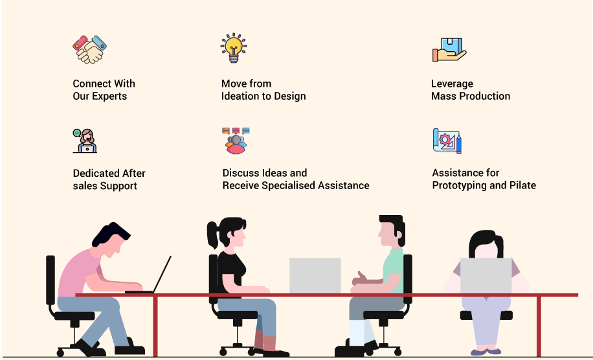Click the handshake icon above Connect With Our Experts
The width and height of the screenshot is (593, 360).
(x=89, y=50)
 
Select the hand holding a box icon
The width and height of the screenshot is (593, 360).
(x=449, y=50)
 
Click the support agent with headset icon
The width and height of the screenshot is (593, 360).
(x=85, y=141)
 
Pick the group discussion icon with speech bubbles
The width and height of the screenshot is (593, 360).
(x=236, y=141)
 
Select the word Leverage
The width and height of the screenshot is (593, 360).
(x=452, y=84)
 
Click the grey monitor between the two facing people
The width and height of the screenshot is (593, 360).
(x=315, y=276)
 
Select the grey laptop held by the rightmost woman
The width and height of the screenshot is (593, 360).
(x=486, y=276)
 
